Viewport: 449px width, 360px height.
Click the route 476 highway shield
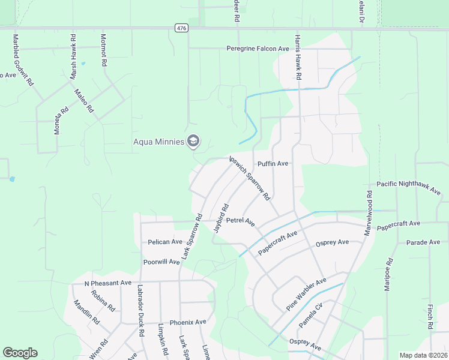tap(181, 28)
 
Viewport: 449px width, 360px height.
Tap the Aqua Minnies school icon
tap(193, 142)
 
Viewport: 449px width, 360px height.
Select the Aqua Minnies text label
tap(158, 142)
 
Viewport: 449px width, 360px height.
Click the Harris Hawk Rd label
tap(297, 57)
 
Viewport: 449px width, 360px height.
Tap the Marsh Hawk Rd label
tap(73, 56)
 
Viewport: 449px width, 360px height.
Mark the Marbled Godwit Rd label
tap(22, 60)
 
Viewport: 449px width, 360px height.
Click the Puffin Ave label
tap(273, 164)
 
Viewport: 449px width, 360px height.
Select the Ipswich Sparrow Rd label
tap(250, 178)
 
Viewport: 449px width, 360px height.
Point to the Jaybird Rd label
tap(221, 218)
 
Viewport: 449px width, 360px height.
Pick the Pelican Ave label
tap(165, 242)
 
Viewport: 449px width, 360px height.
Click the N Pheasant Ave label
tap(107, 283)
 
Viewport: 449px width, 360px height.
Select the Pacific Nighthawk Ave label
tap(408, 187)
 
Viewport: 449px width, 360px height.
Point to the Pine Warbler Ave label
tap(306, 294)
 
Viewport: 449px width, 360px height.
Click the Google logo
tap(20, 353)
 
